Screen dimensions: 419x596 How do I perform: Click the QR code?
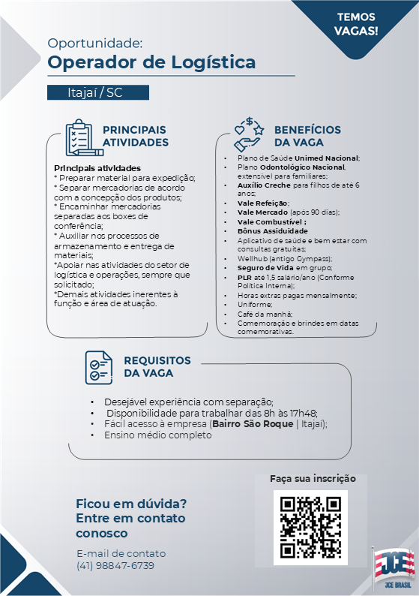pos(310,526)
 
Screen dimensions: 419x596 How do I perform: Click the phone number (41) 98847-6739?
pos(115,565)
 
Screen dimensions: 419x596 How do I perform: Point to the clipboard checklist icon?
pos(79,137)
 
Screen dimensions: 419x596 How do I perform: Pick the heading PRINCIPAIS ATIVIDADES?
pos(135,136)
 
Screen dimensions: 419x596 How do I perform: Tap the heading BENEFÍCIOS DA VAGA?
pos(307,136)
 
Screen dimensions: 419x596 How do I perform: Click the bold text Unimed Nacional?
pos(327,158)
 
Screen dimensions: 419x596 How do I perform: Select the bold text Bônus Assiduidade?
pos(272,231)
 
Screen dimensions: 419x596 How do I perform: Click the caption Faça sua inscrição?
pos(313,478)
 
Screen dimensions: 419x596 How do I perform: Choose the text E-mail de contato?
pos(121,553)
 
